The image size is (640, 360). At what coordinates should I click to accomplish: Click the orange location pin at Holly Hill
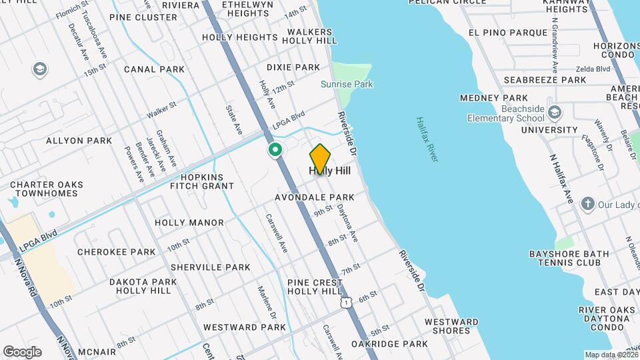[x=320, y=159]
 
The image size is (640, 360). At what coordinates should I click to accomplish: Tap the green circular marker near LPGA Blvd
[x=274, y=151]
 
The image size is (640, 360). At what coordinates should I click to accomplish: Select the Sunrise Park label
[x=347, y=84]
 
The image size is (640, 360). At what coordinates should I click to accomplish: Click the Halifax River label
[x=427, y=139]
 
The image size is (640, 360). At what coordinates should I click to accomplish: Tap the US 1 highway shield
[x=345, y=303]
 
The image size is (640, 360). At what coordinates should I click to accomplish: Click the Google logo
[x=22, y=351]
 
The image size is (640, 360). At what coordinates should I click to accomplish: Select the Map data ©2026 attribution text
[x=611, y=355]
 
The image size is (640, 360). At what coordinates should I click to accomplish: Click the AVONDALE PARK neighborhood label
[x=314, y=197]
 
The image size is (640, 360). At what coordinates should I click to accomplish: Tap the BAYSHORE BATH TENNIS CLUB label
[x=569, y=259]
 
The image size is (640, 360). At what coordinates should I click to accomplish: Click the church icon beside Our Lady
[x=587, y=203]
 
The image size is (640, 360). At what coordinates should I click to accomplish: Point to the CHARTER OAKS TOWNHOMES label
[x=47, y=190]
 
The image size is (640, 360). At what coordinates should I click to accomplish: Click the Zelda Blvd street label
[x=593, y=69]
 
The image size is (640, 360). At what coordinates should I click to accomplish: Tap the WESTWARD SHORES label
[x=451, y=327]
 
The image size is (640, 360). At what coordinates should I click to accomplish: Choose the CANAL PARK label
[x=154, y=69]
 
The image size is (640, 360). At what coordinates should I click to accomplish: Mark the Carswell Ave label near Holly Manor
[x=276, y=233]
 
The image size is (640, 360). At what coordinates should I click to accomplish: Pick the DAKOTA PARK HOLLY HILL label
[x=143, y=287]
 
